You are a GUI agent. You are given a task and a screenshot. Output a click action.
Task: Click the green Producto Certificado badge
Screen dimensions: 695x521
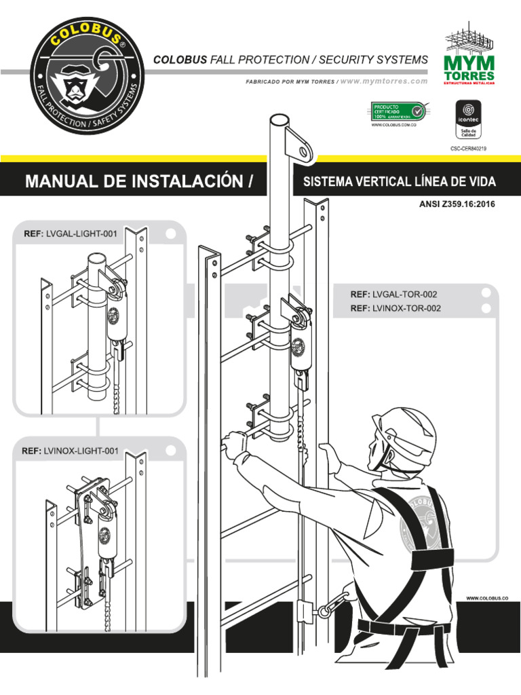(x=397, y=111)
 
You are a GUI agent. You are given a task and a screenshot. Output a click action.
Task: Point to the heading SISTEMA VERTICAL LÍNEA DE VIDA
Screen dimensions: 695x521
(x=399, y=182)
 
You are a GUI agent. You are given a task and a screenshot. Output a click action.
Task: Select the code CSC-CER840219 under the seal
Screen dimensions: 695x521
(x=469, y=147)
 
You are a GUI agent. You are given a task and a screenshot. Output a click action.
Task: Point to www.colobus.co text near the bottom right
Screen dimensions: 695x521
(x=486, y=597)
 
